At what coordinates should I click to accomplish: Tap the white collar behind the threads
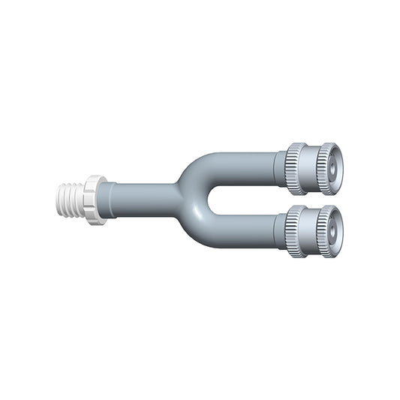pyautogui.click(x=95, y=200)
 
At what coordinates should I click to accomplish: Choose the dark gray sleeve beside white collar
pyautogui.click(x=108, y=199)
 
